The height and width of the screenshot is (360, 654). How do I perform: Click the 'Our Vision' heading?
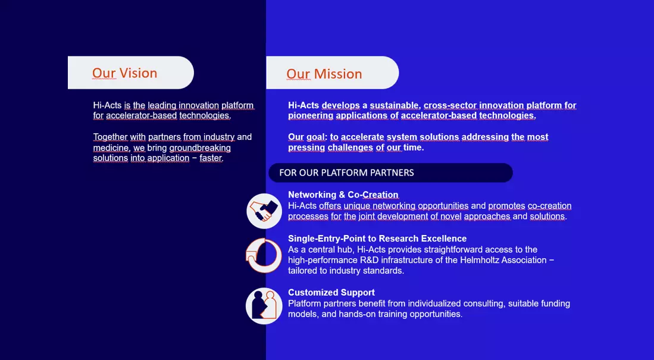click(x=125, y=73)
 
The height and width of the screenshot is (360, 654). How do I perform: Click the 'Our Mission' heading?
click(x=324, y=74)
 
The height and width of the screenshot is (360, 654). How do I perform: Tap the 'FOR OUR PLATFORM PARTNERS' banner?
click(x=346, y=173)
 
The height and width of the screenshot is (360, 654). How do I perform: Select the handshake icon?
click(x=264, y=211)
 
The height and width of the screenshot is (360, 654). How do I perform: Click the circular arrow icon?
click(x=264, y=256)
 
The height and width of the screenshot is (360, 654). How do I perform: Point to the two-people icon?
click(x=264, y=306)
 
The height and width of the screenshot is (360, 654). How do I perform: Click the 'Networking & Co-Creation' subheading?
click(x=343, y=195)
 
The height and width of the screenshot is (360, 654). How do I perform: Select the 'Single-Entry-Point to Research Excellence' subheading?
click(x=377, y=239)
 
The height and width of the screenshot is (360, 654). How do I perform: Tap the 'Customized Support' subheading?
click(x=331, y=292)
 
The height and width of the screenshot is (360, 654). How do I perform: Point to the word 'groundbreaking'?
click(x=200, y=148)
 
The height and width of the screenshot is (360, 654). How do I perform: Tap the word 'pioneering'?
click(x=311, y=115)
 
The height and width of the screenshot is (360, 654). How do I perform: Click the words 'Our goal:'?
click(x=308, y=137)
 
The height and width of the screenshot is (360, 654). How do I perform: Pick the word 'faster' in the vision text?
click(x=211, y=158)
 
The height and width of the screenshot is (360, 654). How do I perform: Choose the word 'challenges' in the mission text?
click(x=351, y=148)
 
